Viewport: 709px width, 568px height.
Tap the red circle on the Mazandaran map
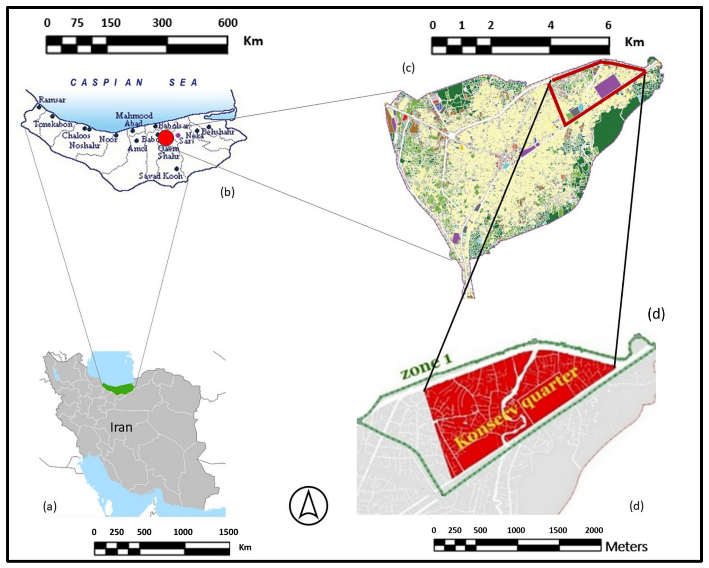coord(166,138)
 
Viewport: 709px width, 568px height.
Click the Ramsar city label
coord(52,100)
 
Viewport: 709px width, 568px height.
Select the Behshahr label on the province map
coord(218,132)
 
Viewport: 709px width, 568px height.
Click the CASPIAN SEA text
coord(134,82)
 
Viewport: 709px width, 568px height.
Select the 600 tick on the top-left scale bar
coord(228,23)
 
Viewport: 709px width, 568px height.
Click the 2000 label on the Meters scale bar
coord(594,530)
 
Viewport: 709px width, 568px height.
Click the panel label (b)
coord(227,192)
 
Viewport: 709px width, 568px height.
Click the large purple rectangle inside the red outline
coord(607,86)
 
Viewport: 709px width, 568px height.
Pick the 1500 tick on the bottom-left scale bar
coord(228,532)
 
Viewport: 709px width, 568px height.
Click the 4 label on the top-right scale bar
coord(551,25)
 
